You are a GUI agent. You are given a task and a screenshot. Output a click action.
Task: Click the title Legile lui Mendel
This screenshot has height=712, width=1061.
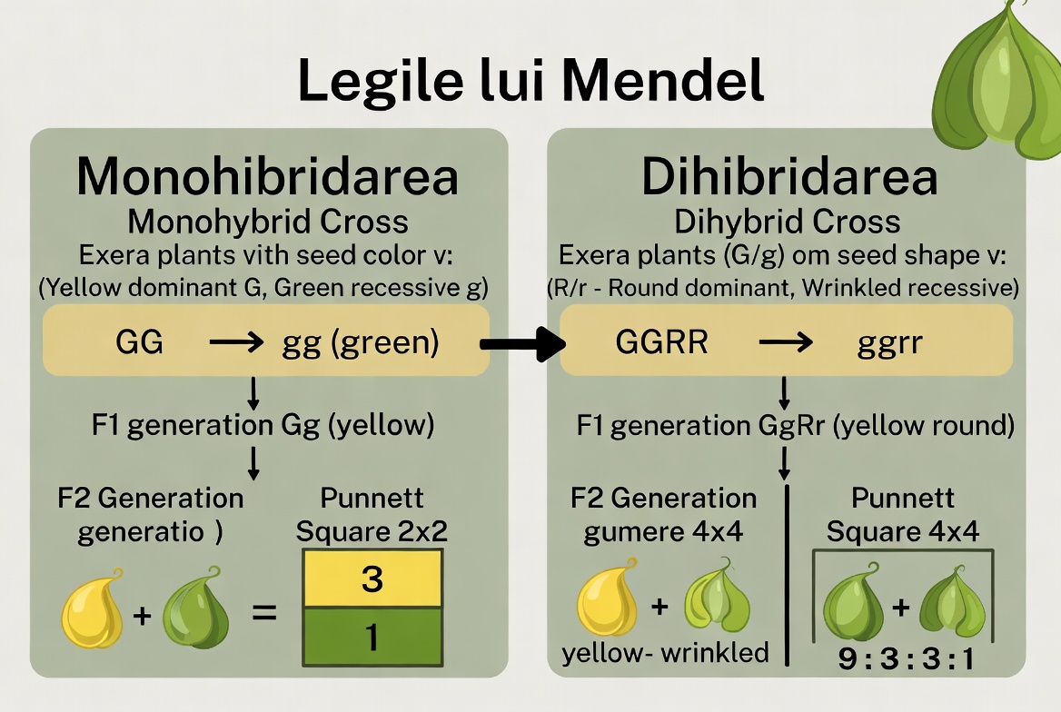[531, 81]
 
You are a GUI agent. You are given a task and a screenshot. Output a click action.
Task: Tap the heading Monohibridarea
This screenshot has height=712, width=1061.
[268, 176]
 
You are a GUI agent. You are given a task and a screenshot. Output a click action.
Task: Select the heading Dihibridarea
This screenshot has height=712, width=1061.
[789, 176]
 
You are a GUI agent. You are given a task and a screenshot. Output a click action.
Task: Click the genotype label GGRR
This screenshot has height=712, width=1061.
[661, 341]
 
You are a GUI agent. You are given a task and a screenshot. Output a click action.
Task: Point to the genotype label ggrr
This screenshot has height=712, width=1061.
[889, 344]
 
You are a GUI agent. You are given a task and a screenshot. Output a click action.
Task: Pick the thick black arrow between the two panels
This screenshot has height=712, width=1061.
[522, 344]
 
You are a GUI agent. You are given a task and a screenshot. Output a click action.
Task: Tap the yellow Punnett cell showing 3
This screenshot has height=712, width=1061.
[372, 578]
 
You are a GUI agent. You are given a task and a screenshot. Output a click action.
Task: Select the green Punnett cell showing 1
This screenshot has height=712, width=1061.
[372, 637]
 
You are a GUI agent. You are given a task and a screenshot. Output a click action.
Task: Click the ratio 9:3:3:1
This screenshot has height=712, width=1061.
[906, 658]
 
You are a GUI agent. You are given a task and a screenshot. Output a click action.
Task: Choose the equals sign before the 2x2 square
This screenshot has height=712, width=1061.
[264, 613]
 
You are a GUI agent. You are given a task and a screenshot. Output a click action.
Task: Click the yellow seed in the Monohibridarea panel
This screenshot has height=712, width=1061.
[93, 608]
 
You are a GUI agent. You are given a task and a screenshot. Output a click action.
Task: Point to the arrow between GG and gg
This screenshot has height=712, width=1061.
[236, 342]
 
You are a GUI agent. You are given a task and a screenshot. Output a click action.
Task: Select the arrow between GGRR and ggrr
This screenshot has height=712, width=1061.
[786, 342]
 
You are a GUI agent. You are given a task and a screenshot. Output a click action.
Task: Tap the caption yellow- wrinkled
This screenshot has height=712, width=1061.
[665, 653]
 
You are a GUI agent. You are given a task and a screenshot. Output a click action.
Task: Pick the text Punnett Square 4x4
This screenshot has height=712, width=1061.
[903, 515]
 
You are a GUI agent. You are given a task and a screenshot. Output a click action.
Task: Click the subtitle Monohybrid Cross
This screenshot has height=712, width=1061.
[268, 222]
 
